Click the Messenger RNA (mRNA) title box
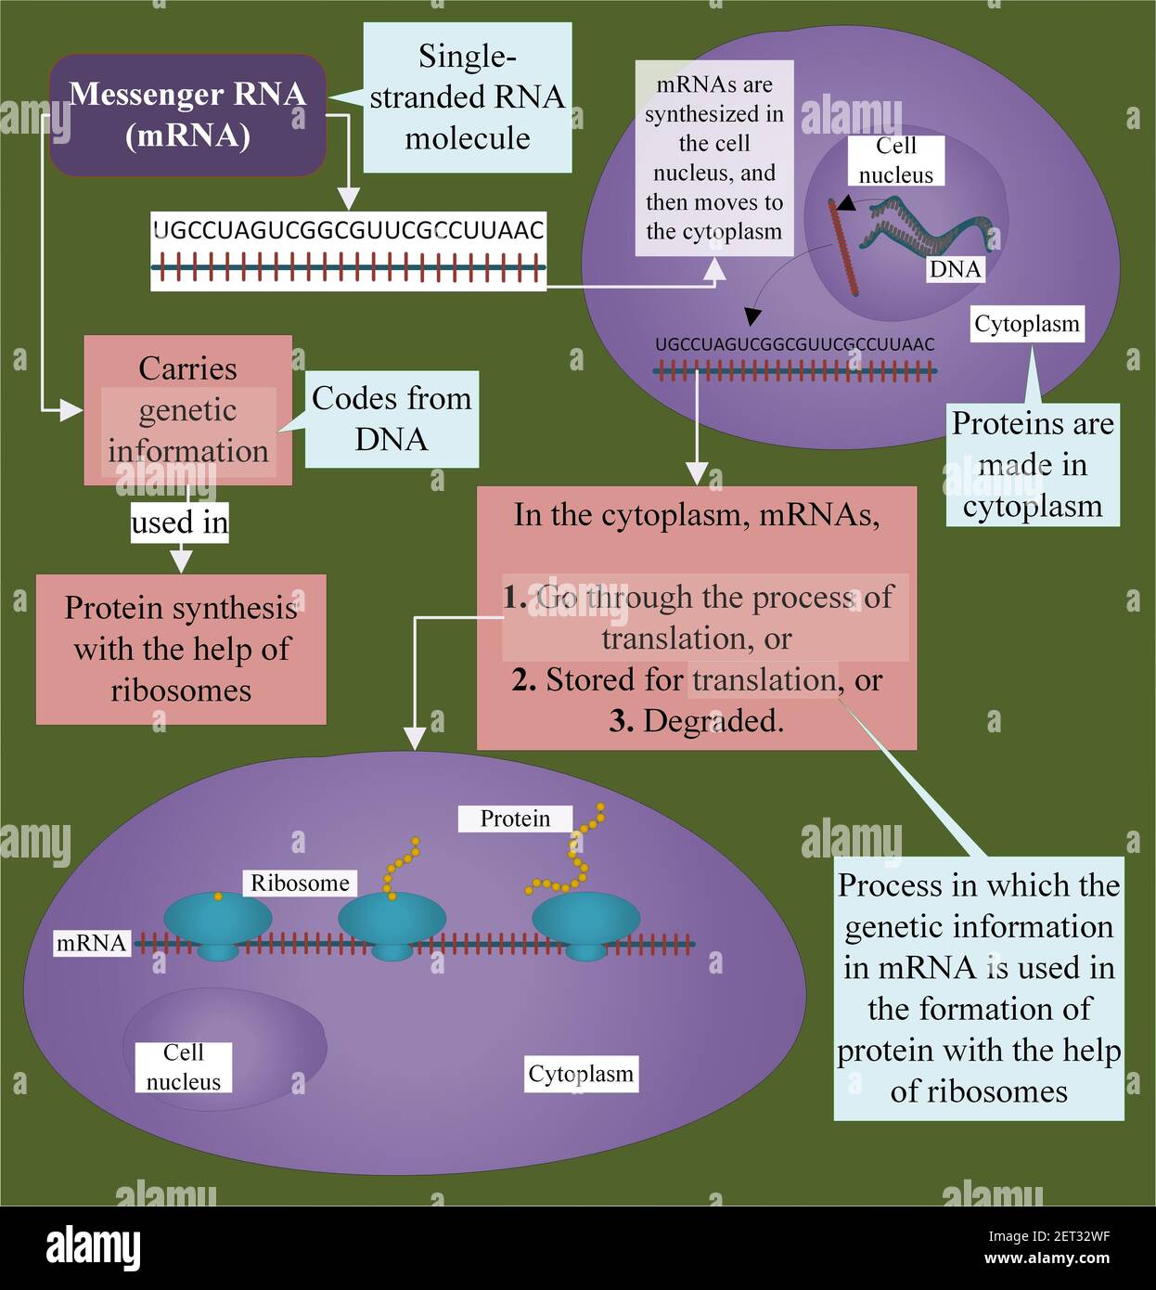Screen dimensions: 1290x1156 [x=187, y=115]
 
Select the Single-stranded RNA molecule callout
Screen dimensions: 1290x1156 [x=467, y=97]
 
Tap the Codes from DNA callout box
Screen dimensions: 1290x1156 [x=392, y=419]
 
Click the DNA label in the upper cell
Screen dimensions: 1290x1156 [x=955, y=269]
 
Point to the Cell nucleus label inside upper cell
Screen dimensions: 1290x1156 [x=895, y=161]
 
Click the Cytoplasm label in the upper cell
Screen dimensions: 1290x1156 [x=1027, y=324]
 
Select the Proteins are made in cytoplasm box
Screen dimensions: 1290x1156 [x=1033, y=465]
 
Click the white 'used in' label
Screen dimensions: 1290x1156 [x=179, y=522]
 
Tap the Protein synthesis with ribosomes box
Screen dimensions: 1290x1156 [x=181, y=649]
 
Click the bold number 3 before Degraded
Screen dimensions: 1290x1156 [x=620, y=721]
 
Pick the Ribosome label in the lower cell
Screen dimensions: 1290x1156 [x=300, y=883]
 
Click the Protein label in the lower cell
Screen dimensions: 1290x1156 [x=515, y=819]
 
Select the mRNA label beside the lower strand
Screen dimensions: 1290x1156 [x=91, y=943]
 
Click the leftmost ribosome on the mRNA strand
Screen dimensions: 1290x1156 [x=217, y=924]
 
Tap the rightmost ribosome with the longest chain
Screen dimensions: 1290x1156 [x=585, y=923]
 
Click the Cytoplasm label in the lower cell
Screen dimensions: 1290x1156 [x=581, y=1074]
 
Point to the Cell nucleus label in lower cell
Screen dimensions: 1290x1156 [x=183, y=1067]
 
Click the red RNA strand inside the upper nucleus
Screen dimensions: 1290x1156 [x=845, y=249]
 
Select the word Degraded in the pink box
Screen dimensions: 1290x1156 [x=713, y=721]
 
